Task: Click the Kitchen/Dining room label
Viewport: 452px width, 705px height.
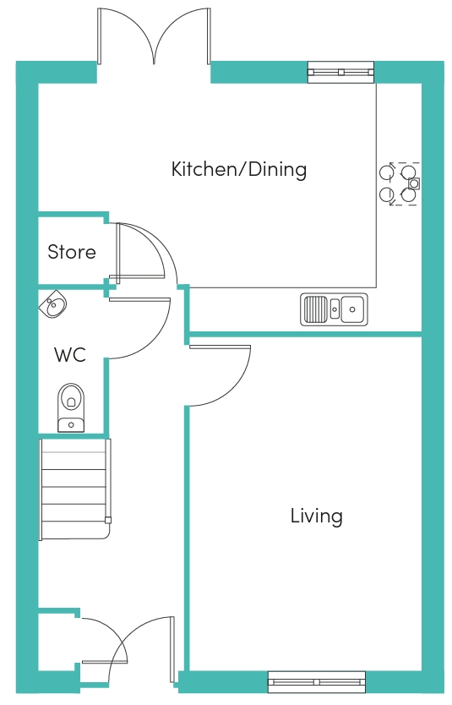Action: click(239, 170)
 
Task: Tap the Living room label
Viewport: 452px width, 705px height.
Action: click(316, 516)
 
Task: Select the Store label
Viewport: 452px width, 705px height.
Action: click(72, 252)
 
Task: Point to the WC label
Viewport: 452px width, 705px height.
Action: click(70, 355)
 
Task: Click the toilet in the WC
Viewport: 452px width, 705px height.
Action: click(71, 407)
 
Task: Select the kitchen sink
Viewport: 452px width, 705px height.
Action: click(334, 309)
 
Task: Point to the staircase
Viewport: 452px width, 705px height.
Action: click(75, 489)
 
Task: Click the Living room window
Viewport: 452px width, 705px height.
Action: click(317, 681)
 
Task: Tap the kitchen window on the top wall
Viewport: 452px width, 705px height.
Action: click(340, 72)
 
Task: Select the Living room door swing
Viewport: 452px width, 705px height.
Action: click(220, 375)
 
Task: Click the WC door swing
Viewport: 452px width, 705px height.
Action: click(139, 328)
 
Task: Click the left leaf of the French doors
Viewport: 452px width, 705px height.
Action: click(127, 36)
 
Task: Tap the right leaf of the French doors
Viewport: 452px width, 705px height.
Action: click(182, 36)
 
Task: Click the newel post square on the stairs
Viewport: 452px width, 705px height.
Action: click(108, 521)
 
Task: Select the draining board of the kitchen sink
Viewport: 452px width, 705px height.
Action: click(315, 309)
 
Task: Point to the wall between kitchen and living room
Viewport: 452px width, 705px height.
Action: click(306, 335)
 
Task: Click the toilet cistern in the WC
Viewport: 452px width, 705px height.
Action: click(71, 424)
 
